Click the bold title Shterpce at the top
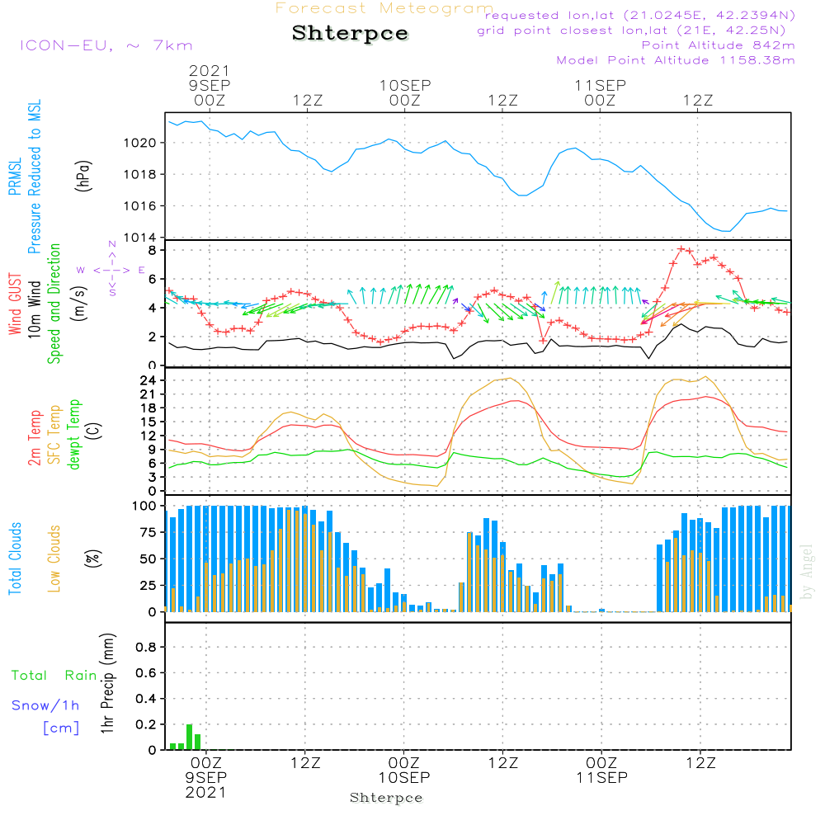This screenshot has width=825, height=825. click(x=350, y=34)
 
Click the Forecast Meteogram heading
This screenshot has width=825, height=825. click(x=384, y=8)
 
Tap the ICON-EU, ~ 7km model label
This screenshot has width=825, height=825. click(x=106, y=45)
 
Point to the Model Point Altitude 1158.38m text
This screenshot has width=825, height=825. click(x=676, y=60)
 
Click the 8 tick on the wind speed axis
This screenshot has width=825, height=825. click(x=153, y=249)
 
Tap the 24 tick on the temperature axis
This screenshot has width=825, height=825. click(x=148, y=380)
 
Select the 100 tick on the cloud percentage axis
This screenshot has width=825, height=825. click(x=144, y=506)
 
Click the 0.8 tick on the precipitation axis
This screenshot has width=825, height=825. click(x=146, y=648)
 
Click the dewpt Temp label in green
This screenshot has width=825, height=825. click(x=74, y=435)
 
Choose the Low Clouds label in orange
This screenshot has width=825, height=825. click(x=55, y=559)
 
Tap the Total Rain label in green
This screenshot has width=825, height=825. click(x=54, y=676)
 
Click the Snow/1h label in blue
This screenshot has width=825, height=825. click(x=46, y=705)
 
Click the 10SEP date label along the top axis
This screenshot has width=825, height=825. click(x=405, y=85)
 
